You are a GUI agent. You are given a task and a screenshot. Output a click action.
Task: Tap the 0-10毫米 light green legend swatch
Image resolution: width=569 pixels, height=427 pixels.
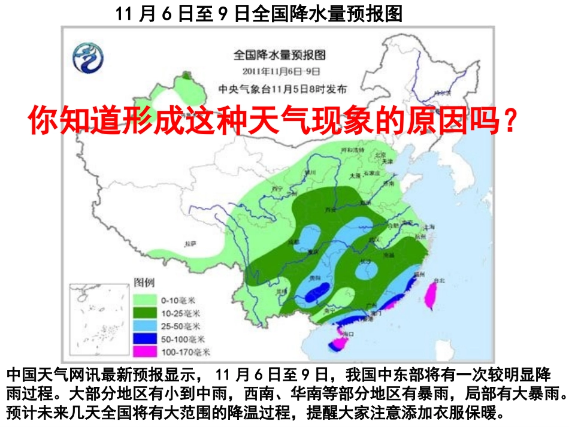(141, 299)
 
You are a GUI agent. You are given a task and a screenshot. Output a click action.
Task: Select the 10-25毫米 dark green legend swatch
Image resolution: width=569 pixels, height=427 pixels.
(141, 312)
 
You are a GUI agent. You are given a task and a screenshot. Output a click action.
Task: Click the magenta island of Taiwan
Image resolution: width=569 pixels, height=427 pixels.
(431, 294)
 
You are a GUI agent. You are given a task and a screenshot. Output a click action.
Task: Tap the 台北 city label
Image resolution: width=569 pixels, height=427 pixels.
(439, 280)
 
